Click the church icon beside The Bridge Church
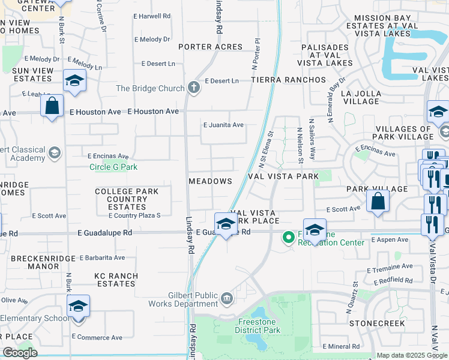point(193,88)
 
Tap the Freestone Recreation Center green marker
point(289,238)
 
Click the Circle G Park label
point(113,167)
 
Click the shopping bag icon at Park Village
point(378,201)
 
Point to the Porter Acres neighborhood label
point(210,47)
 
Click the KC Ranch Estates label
point(116,280)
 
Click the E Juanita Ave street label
point(223,125)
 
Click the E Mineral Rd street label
point(341,346)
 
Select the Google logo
point(20,352)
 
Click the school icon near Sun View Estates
point(74,80)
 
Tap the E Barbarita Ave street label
point(102,257)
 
